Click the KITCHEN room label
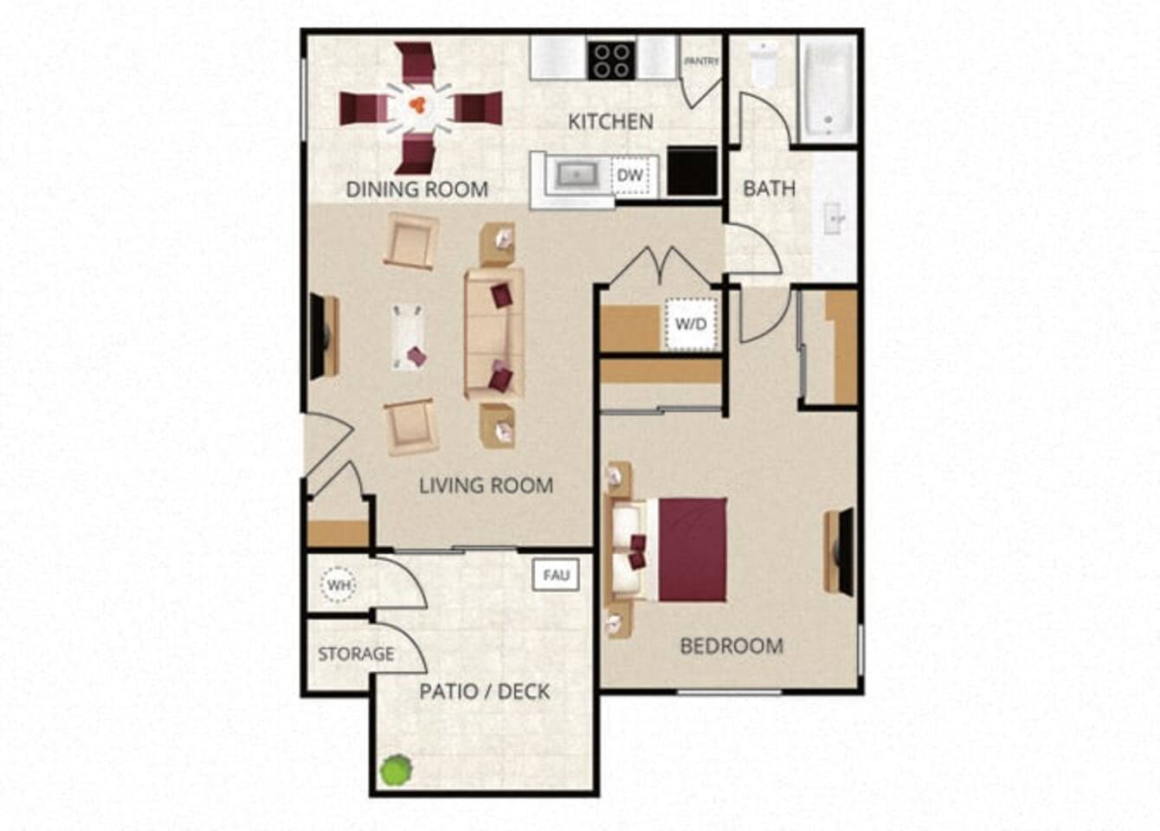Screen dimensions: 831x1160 click(x=610, y=122)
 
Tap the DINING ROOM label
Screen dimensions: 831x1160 click(x=416, y=189)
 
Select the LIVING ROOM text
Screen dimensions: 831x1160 click(x=486, y=486)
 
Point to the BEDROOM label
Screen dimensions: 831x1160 click(x=731, y=646)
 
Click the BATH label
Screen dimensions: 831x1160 click(x=769, y=188)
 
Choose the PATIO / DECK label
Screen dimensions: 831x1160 click(x=485, y=692)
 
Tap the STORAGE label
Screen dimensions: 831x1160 click(x=356, y=654)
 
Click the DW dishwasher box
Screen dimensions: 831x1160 click(x=630, y=176)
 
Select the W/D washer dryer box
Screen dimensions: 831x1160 click(x=691, y=324)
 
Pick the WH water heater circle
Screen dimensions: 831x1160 click(x=338, y=586)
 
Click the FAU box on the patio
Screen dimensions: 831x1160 click(x=556, y=575)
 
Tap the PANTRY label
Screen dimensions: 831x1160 click(x=701, y=61)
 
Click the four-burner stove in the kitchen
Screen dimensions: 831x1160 click(x=611, y=60)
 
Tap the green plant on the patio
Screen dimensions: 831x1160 click(x=396, y=769)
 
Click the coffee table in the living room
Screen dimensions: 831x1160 click(x=408, y=337)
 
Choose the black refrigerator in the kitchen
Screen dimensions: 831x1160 click(x=693, y=171)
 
